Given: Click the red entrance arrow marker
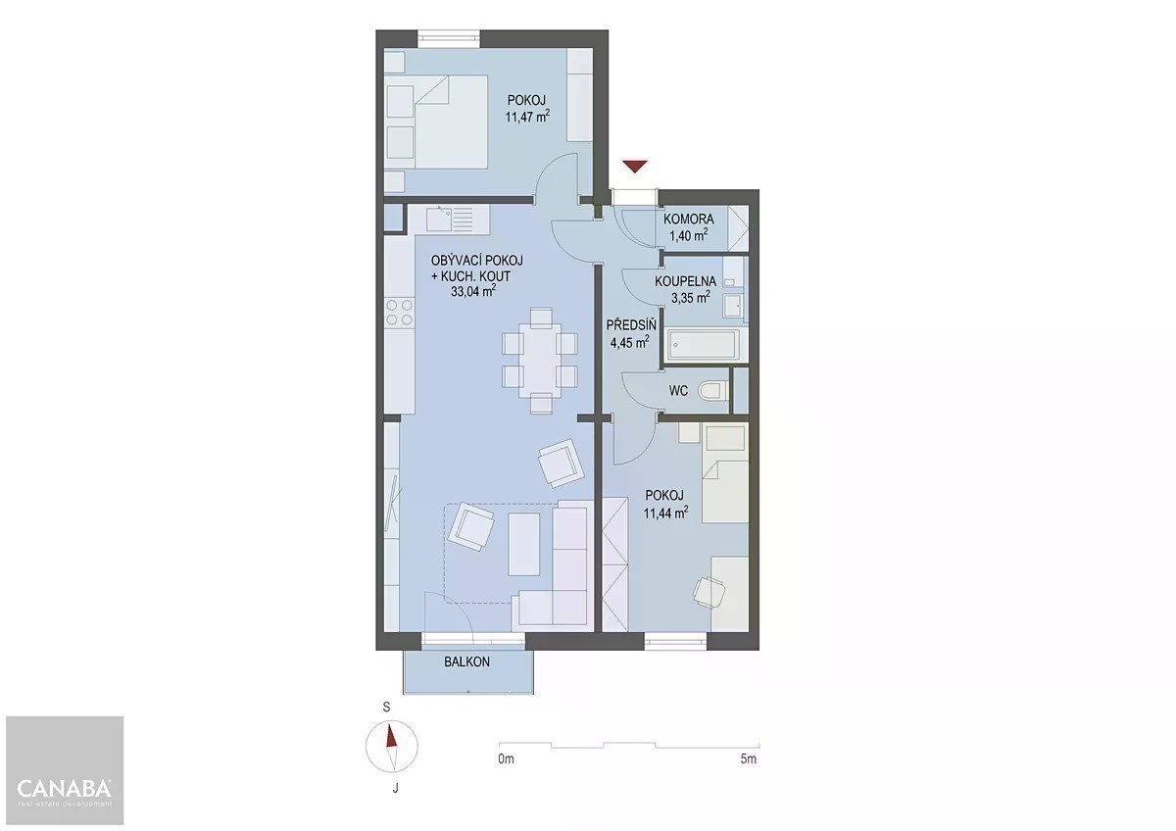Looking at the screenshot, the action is (x=635, y=167).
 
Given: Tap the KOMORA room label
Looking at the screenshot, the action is (x=688, y=219).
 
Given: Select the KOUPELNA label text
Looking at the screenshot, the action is (x=685, y=281).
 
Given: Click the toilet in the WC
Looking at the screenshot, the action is (x=712, y=391).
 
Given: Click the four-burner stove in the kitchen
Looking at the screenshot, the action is (x=399, y=312).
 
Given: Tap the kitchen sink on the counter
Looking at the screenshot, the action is (x=439, y=219).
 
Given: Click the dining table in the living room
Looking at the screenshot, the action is (x=540, y=360).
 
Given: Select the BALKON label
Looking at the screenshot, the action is (x=466, y=661).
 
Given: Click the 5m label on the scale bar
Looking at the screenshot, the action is (x=748, y=758).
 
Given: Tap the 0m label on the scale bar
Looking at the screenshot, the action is (x=506, y=758).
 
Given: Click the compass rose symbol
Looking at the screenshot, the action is (x=392, y=747).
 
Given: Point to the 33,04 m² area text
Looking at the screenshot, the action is (x=473, y=291).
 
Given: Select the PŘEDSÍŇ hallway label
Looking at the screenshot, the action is (x=631, y=325).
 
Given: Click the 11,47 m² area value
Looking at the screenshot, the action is (x=527, y=116).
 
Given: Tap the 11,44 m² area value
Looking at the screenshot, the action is (x=665, y=513).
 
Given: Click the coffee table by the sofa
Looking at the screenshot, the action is (x=524, y=545).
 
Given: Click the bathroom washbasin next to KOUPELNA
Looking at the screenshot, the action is (x=732, y=306).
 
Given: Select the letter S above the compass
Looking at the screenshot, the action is (x=386, y=708).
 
